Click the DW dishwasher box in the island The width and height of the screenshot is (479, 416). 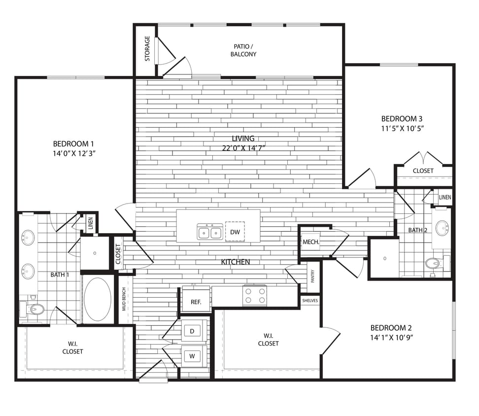(x=235, y=232)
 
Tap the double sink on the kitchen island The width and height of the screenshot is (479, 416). (x=209, y=231)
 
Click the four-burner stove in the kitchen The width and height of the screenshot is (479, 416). (x=255, y=295)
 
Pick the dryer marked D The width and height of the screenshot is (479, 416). (x=192, y=331)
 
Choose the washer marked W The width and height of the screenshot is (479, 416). (x=192, y=355)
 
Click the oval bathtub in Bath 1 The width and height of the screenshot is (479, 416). (x=98, y=299)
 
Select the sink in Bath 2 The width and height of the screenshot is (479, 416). (x=442, y=228)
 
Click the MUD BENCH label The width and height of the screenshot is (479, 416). (x=124, y=299)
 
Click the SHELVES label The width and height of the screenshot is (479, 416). (x=310, y=300)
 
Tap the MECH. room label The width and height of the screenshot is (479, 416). (x=311, y=242)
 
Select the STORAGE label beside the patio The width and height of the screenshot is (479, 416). (x=147, y=48)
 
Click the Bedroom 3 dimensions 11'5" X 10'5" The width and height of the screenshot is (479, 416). (x=403, y=128)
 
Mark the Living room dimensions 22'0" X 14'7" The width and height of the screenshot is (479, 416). (x=243, y=148)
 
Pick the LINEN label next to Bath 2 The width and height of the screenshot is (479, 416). (x=445, y=197)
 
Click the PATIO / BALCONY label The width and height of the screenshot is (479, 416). (x=243, y=50)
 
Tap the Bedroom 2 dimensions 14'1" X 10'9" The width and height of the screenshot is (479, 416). (x=391, y=338)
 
